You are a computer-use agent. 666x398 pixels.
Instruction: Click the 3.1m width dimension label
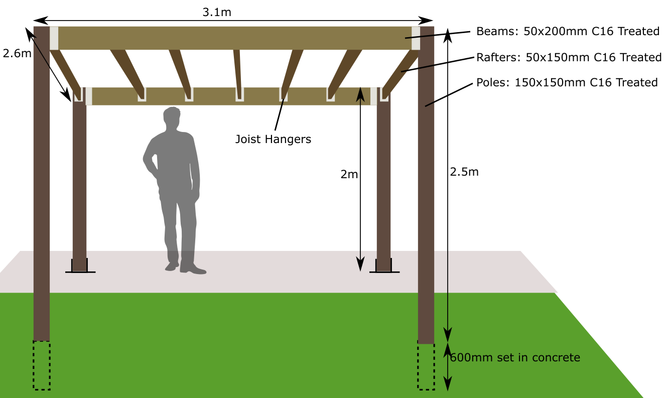pos(217,12)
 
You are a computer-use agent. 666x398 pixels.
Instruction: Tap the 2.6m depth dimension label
pos(17,53)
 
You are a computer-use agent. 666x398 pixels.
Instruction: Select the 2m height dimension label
pos(349,174)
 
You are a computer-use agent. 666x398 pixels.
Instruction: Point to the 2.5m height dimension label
pos(464,172)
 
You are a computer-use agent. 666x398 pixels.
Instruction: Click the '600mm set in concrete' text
pos(515,358)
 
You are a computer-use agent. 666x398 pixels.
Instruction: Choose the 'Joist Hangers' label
pos(273,139)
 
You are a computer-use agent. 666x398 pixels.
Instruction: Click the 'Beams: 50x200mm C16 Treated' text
pos(568,32)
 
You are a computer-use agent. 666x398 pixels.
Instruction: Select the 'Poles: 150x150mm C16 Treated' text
pos(567,82)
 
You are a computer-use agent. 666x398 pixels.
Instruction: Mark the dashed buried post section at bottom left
pos(42,365)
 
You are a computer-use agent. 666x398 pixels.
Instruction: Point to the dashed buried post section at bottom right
pos(426,366)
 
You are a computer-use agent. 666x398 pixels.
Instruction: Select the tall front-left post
pos(42,201)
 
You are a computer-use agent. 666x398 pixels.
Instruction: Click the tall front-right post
pos(426,201)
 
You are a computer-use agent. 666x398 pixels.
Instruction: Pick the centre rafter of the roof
pos(237,70)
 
